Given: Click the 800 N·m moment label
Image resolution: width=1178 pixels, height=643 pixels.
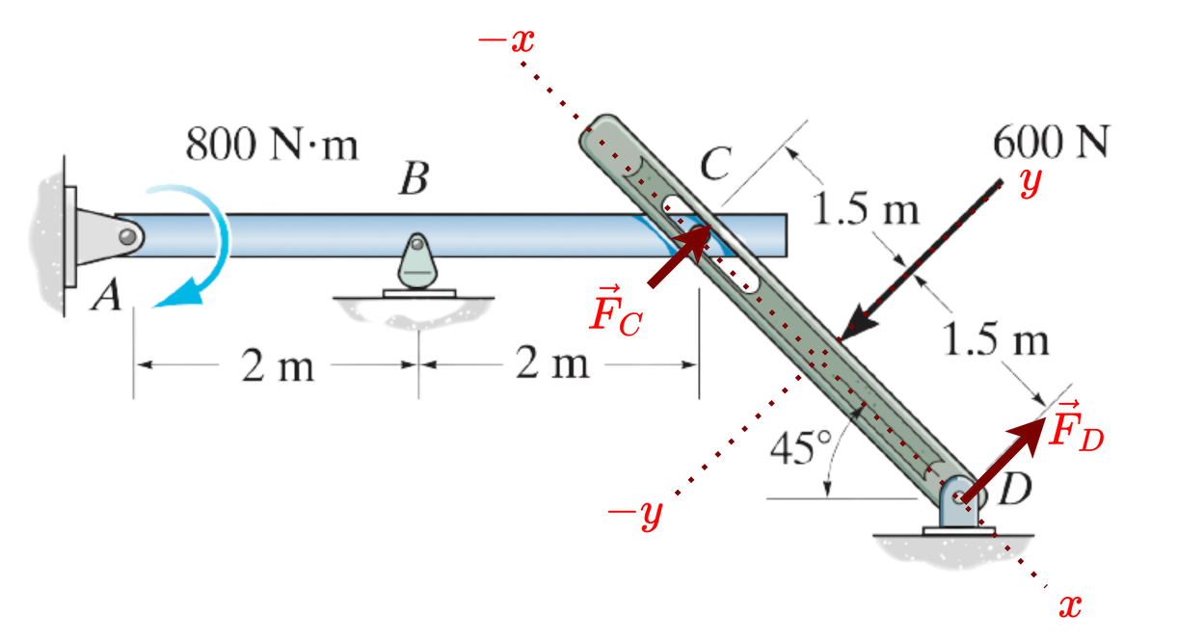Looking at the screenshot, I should coord(273,146).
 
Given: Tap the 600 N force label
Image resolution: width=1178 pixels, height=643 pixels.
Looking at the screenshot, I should coord(1051,144).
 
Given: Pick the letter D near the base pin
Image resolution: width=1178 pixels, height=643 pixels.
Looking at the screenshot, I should coord(1015,491).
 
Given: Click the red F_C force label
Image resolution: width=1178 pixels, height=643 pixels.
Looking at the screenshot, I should coord(616,311).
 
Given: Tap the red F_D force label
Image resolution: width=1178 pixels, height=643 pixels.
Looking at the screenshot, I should coord(1077,426).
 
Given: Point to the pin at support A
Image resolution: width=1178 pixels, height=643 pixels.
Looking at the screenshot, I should coord(128,234).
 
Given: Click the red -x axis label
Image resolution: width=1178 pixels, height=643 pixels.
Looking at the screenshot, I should coord(507,40).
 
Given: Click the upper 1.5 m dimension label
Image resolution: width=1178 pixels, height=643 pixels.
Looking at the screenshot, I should coord(866,209).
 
